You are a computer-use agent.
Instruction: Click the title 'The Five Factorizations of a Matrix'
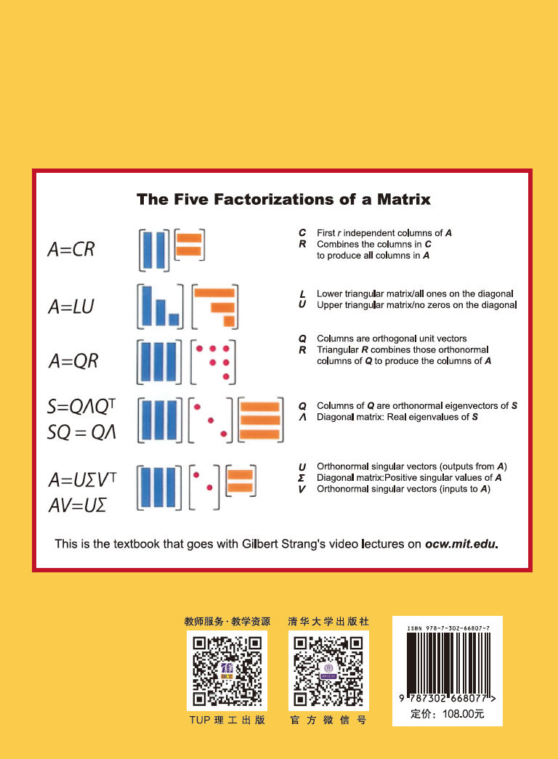(283, 200)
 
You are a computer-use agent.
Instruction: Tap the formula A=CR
(71, 249)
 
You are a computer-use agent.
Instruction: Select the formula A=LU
(71, 307)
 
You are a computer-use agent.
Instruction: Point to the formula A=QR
(73, 361)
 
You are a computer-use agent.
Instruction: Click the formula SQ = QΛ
(81, 431)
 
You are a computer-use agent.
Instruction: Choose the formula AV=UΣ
(78, 506)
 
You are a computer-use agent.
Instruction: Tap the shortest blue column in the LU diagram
(174, 320)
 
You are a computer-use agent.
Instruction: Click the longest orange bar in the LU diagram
(214, 293)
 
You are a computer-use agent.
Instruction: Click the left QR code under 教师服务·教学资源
(227, 671)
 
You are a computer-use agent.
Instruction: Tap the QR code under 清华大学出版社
(328, 671)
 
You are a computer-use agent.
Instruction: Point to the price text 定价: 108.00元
(447, 714)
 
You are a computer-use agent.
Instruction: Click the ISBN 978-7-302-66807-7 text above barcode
(448, 628)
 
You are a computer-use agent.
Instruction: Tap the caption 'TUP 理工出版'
(227, 721)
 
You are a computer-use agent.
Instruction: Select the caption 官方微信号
(328, 721)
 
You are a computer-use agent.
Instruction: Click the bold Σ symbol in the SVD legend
(302, 478)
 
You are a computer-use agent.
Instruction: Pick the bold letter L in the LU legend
(302, 294)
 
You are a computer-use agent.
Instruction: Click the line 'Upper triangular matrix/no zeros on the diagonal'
(416, 305)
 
